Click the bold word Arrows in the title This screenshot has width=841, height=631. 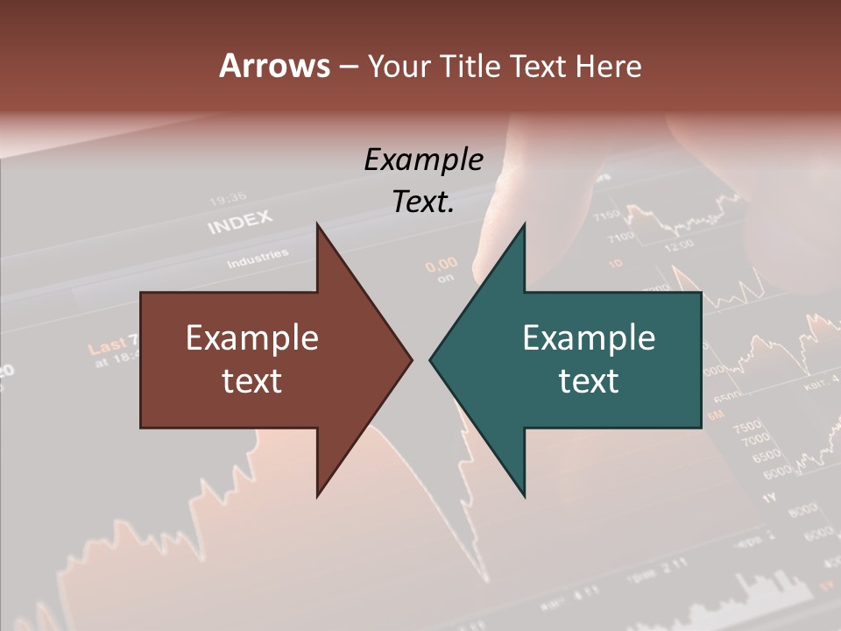275,66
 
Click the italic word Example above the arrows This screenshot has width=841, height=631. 424,160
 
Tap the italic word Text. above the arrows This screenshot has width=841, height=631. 424,202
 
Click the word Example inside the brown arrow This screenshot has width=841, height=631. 252,337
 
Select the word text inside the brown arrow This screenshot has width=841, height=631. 252,380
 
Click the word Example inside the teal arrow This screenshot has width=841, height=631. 589,337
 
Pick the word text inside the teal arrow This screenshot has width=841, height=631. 589,380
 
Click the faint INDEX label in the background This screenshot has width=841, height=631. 240,223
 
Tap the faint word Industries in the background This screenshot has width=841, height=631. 258,259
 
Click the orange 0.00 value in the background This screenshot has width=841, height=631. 442,263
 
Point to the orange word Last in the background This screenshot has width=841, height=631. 107,345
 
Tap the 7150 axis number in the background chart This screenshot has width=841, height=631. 608,215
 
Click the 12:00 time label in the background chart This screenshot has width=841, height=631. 679,246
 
